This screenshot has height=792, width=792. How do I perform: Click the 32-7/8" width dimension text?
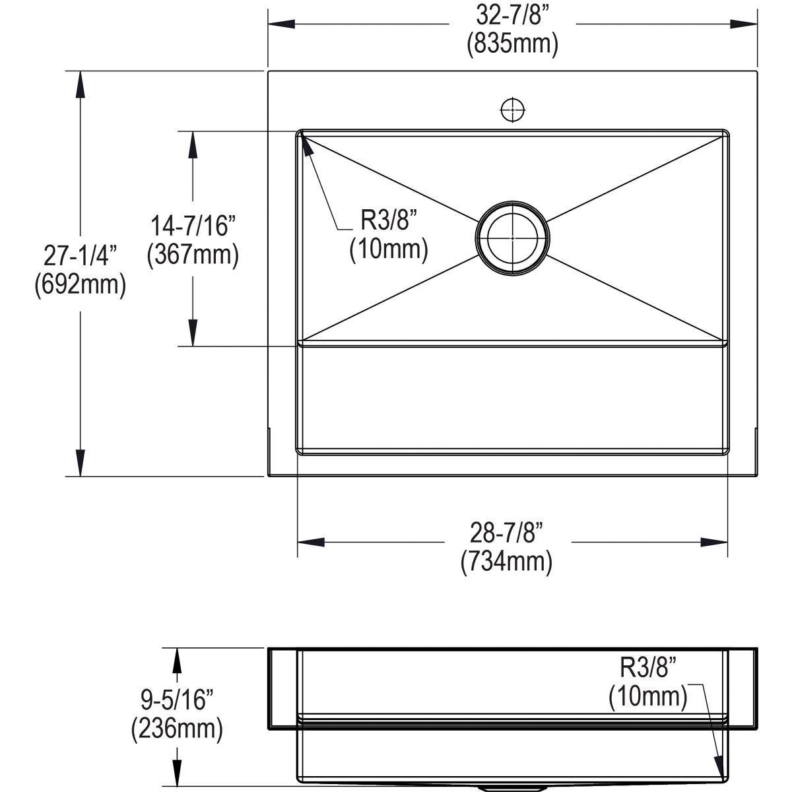pos(512,16)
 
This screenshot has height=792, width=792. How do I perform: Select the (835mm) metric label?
pos(513,44)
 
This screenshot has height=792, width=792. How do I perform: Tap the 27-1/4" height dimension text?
pos(81,255)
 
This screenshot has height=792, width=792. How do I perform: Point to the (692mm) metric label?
pos(81,284)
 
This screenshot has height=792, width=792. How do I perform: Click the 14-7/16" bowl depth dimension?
pos(193,226)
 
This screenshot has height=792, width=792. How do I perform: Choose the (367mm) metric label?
pos(193,255)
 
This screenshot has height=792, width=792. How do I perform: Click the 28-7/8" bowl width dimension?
pos(507,533)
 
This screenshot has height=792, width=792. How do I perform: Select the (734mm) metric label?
pos(507,562)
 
